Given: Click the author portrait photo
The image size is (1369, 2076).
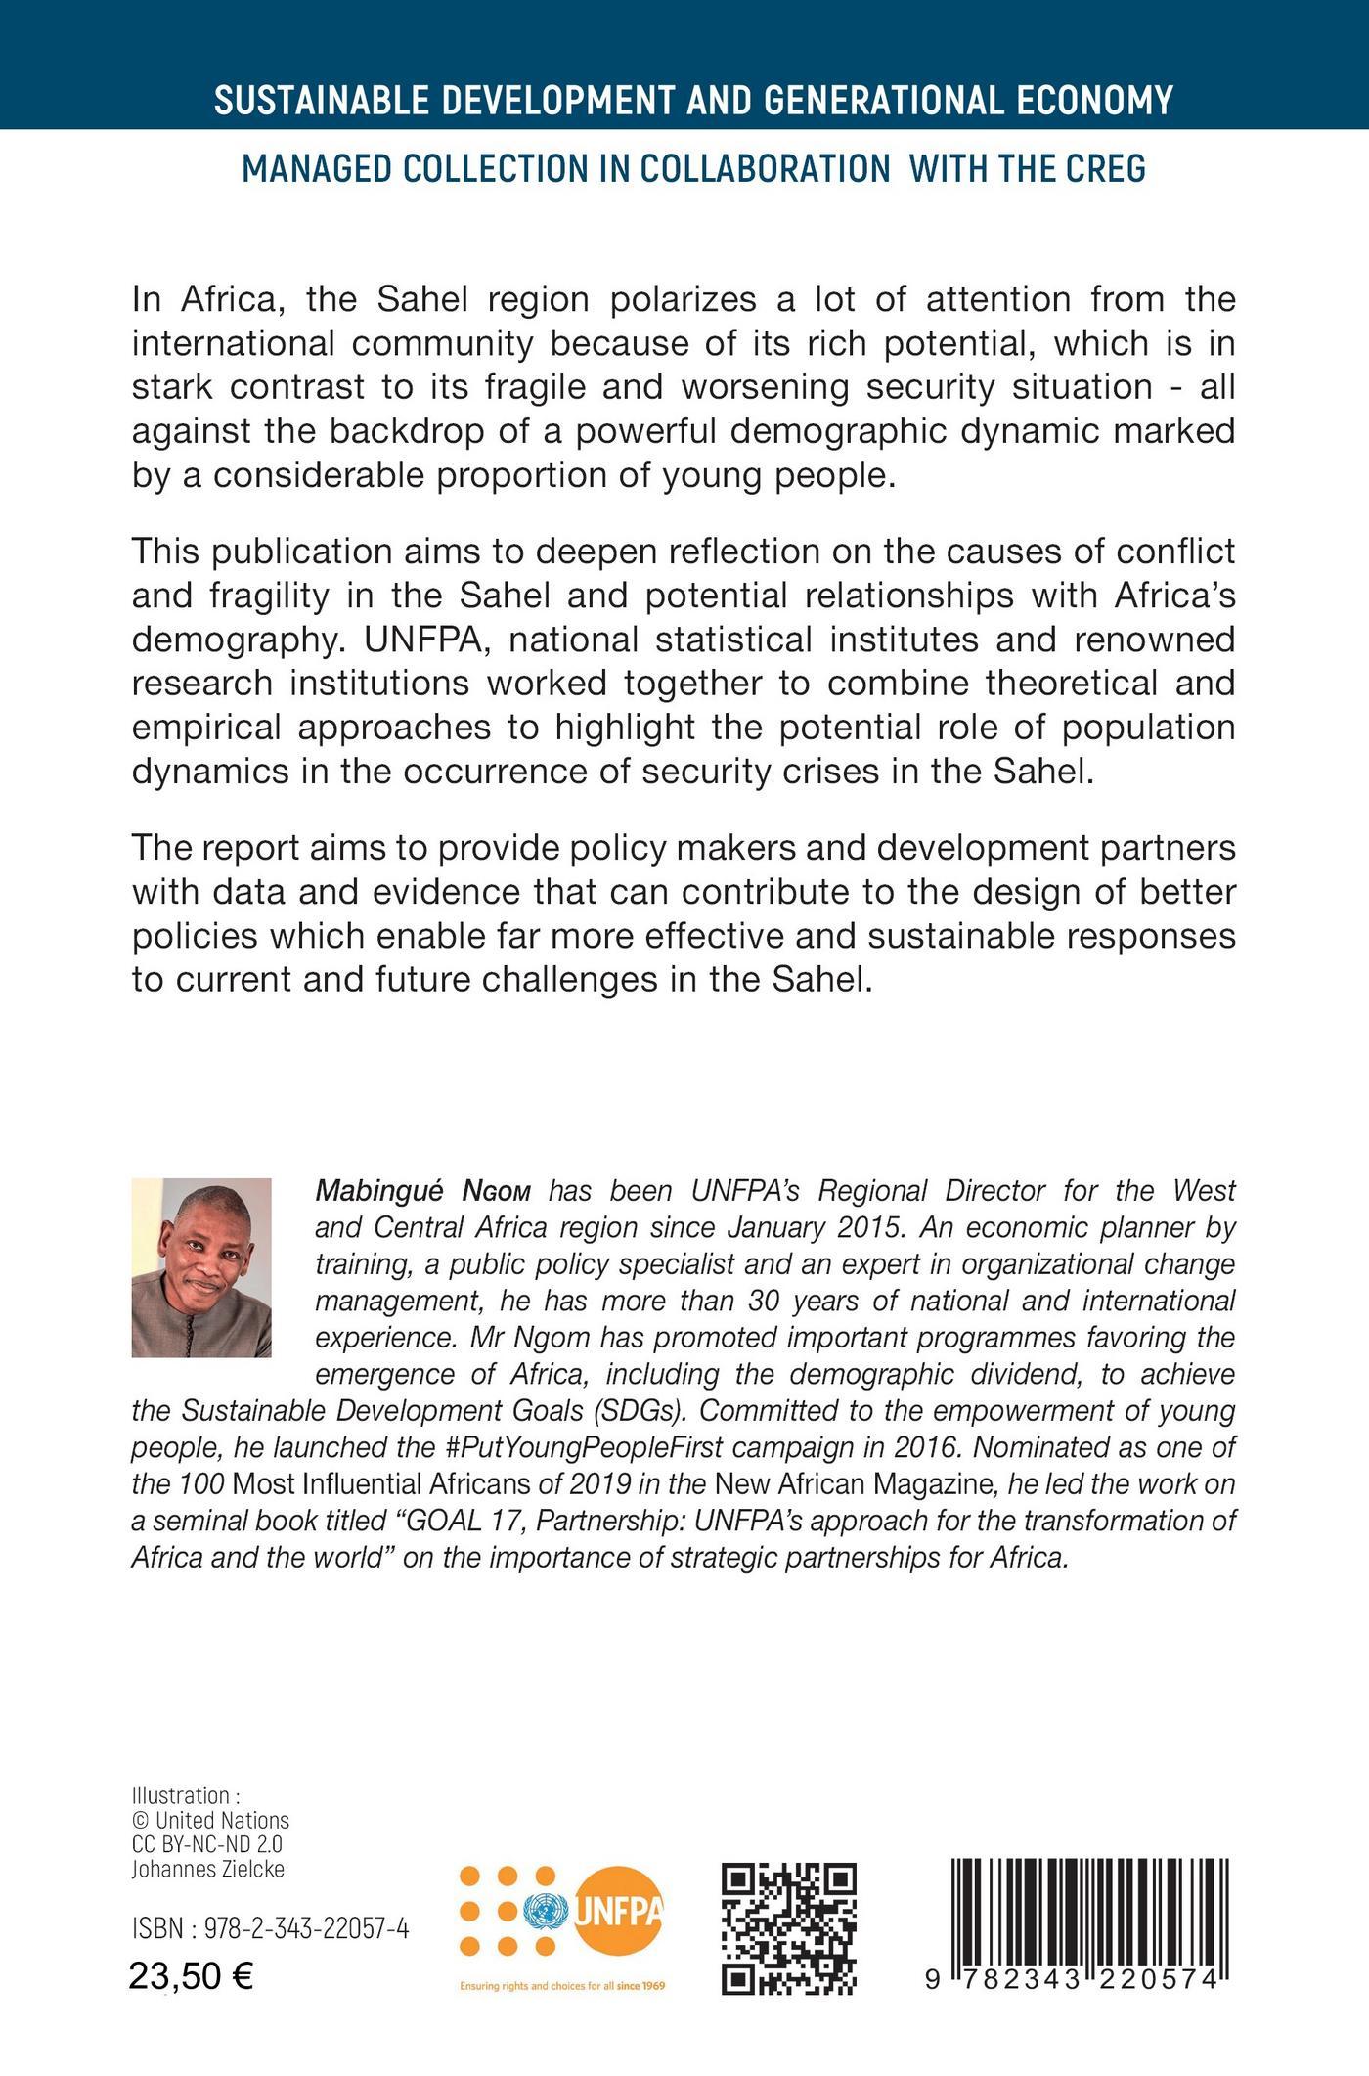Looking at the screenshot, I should click(x=201, y=1267).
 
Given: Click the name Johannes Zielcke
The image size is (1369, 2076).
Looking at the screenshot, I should click(x=208, y=1869).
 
